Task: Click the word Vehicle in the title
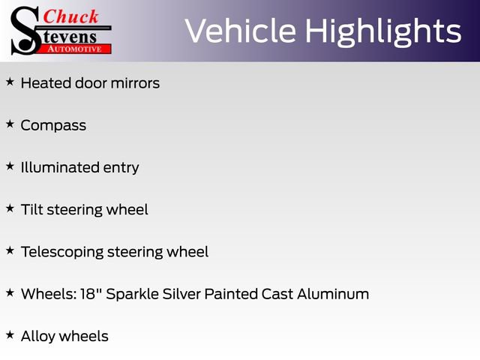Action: click(x=240, y=31)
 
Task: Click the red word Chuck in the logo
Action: click(x=70, y=16)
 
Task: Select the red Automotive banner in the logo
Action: click(x=75, y=49)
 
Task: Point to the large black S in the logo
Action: click(x=25, y=31)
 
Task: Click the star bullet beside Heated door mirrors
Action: click(x=10, y=82)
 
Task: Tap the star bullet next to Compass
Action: click(x=10, y=124)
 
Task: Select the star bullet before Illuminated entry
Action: click(x=10, y=166)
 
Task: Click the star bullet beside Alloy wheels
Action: click(x=10, y=334)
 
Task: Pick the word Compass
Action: click(x=53, y=126)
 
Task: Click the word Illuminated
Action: click(x=60, y=167)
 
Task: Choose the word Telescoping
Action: click(x=62, y=253)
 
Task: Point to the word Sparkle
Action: click(x=132, y=295)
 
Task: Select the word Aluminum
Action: click(x=333, y=294)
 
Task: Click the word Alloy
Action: click(x=38, y=337)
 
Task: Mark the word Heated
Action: click(x=46, y=83)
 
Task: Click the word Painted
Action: click(x=231, y=294)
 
